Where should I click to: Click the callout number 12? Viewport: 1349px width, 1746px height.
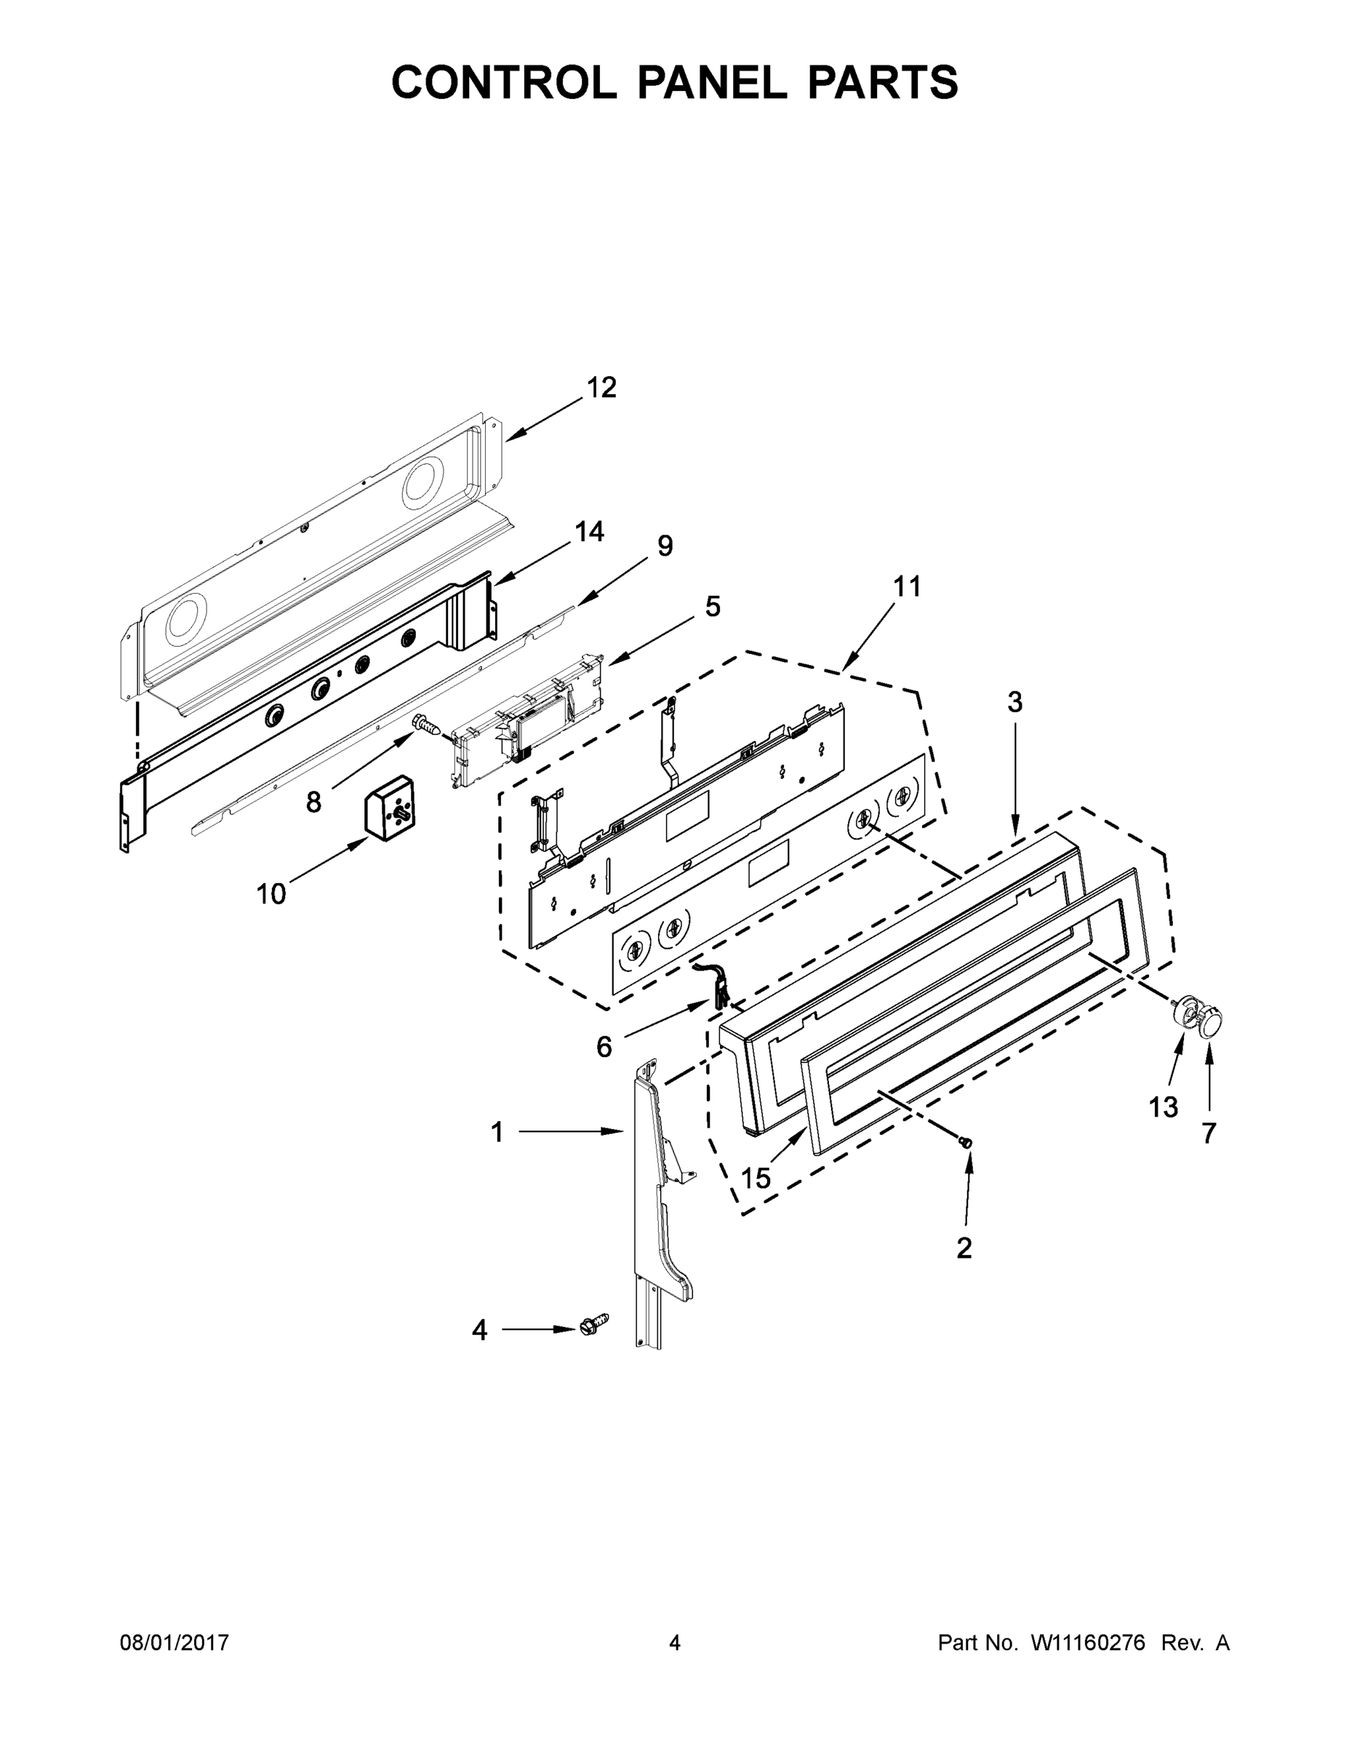[601, 388]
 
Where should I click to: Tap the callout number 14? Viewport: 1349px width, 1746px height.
[590, 532]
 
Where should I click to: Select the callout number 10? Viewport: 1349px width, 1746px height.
[271, 894]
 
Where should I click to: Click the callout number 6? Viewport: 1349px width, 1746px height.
[604, 1046]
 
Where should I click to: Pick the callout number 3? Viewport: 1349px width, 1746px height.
[1014, 703]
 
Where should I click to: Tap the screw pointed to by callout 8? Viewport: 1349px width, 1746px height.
[427, 726]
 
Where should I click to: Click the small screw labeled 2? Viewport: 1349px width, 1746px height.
[967, 1143]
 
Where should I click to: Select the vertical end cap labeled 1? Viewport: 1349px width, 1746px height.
[657, 1199]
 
